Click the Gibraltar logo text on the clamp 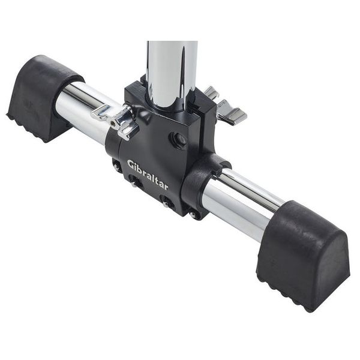(148, 174)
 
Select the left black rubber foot (39, 96)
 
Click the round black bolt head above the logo (179, 140)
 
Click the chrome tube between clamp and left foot (81, 108)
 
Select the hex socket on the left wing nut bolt (114, 122)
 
